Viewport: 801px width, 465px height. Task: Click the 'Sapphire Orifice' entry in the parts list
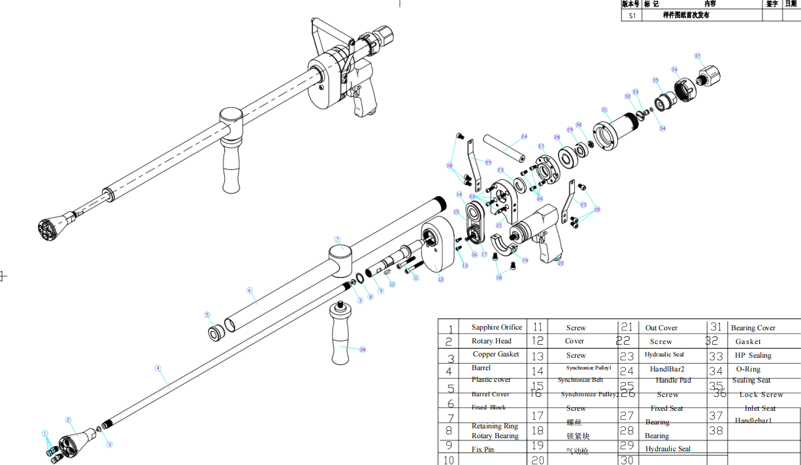497,327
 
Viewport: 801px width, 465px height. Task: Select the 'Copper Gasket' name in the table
496,354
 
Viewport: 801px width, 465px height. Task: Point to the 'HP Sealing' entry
753,355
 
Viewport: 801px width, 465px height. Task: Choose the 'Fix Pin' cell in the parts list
483,449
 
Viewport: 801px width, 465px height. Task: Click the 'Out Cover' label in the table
661,328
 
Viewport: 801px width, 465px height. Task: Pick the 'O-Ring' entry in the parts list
748,369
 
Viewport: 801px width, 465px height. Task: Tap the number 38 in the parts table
716,430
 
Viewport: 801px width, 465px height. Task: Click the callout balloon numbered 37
697,56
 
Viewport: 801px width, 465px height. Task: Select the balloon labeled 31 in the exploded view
604,110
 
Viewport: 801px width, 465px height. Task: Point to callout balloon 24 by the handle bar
524,137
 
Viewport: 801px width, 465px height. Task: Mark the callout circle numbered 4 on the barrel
157,368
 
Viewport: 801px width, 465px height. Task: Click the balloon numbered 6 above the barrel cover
249,290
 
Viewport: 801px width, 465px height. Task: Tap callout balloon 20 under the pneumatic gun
560,263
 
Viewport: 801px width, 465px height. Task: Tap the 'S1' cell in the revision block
632,16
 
